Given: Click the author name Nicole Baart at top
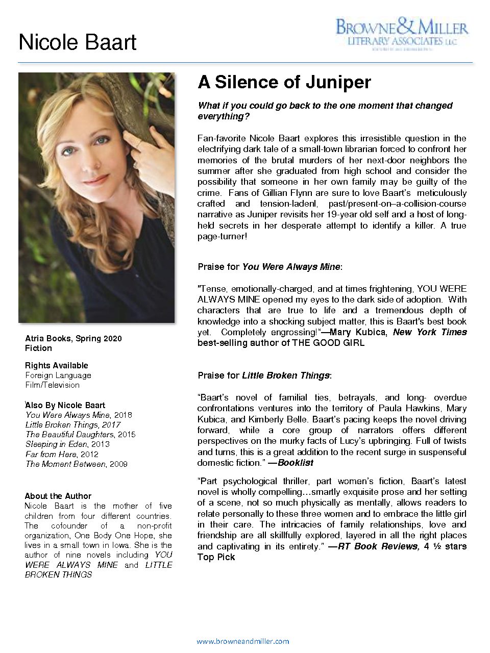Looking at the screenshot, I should (x=77, y=42).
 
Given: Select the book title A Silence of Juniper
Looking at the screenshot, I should (x=284, y=82).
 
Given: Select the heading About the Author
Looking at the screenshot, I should (x=58, y=496).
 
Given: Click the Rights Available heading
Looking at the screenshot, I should (x=57, y=365).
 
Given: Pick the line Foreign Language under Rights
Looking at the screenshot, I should (x=58, y=375).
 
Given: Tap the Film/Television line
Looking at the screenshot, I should (x=53, y=385).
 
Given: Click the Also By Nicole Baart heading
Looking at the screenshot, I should (x=65, y=405).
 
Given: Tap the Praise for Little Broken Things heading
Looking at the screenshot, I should (x=264, y=375).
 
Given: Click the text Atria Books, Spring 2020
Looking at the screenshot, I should (x=73, y=338).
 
